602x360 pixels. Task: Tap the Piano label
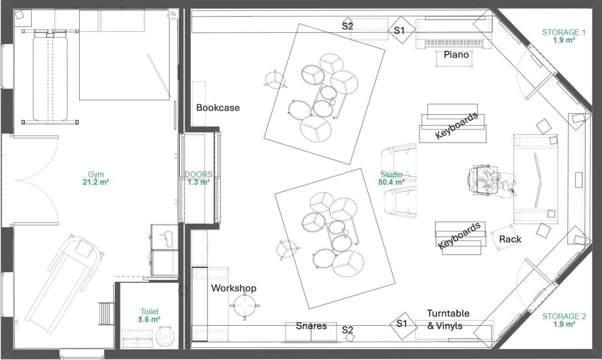(456, 55)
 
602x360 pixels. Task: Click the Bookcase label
(218, 108)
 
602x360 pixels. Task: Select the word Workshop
(234, 288)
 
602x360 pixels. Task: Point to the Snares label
(311, 326)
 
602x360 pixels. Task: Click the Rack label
(510, 239)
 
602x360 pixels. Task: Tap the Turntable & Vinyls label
(448, 319)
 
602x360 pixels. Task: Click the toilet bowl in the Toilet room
(165, 336)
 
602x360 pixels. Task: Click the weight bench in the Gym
(50, 77)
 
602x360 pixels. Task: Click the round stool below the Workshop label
(245, 305)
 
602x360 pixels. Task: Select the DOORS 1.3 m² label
(198, 178)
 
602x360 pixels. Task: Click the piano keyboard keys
(454, 43)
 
